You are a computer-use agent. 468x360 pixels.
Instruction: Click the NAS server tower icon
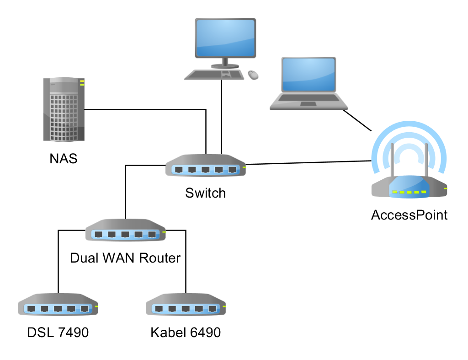[x=64, y=110]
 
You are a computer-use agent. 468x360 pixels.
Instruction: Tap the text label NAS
[x=63, y=159]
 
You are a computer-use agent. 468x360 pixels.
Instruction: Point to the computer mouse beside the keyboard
[x=253, y=74]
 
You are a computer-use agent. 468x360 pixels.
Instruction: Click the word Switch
[x=205, y=193]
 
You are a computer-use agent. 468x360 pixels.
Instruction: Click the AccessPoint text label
[x=409, y=215]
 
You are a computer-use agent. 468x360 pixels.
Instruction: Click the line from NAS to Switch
[x=146, y=109]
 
